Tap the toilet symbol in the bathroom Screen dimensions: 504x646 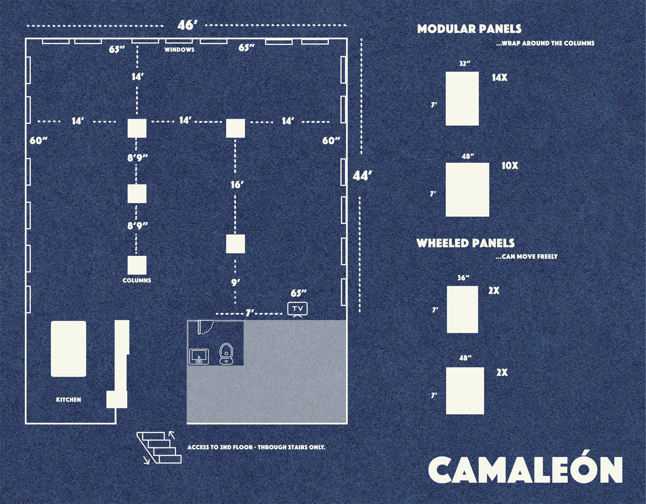click(227, 353)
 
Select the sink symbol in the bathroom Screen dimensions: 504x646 click(199, 357)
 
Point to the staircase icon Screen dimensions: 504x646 click(159, 447)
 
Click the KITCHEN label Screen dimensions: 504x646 click(68, 400)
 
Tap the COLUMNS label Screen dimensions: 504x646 click(137, 280)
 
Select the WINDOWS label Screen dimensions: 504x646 click(179, 50)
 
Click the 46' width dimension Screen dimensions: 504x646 click(187, 25)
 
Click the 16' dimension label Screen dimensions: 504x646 click(237, 185)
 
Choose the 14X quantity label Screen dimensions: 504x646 click(499, 78)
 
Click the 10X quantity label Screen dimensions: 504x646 click(510, 166)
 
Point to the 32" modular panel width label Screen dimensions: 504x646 click(465, 64)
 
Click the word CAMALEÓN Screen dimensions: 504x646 click(525, 470)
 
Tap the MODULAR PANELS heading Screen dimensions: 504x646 click(469, 29)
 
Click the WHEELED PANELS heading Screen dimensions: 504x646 click(466, 243)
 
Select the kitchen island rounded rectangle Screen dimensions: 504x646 click(68, 349)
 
